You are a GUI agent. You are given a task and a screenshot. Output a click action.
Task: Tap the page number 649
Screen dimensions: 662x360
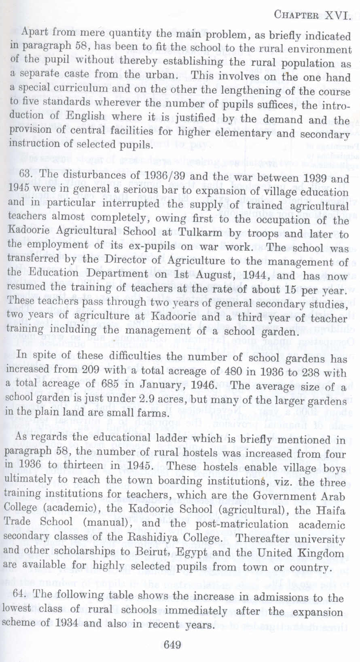(173, 645)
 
